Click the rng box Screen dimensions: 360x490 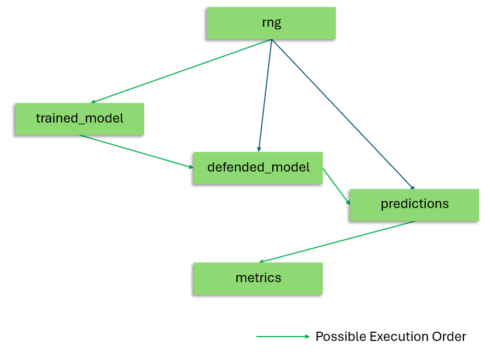point(271,23)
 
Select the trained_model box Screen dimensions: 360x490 point(79,118)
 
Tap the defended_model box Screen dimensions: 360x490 point(258,167)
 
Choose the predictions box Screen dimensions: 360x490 point(414,204)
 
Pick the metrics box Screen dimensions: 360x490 point(258,278)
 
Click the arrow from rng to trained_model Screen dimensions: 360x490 point(181,71)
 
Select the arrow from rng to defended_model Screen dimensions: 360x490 point(265,95)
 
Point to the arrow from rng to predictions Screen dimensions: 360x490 point(343,114)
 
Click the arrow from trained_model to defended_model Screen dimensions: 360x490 point(136,151)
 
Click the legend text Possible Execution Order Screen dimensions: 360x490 point(390,337)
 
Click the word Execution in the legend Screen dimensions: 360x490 point(395,337)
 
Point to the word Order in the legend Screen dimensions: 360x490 point(449,337)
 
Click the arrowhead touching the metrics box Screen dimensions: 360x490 point(261,261)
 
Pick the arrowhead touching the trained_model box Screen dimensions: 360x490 point(93,102)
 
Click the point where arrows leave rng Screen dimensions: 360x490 point(271,39)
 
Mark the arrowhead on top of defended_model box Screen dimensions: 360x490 point(259,149)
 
